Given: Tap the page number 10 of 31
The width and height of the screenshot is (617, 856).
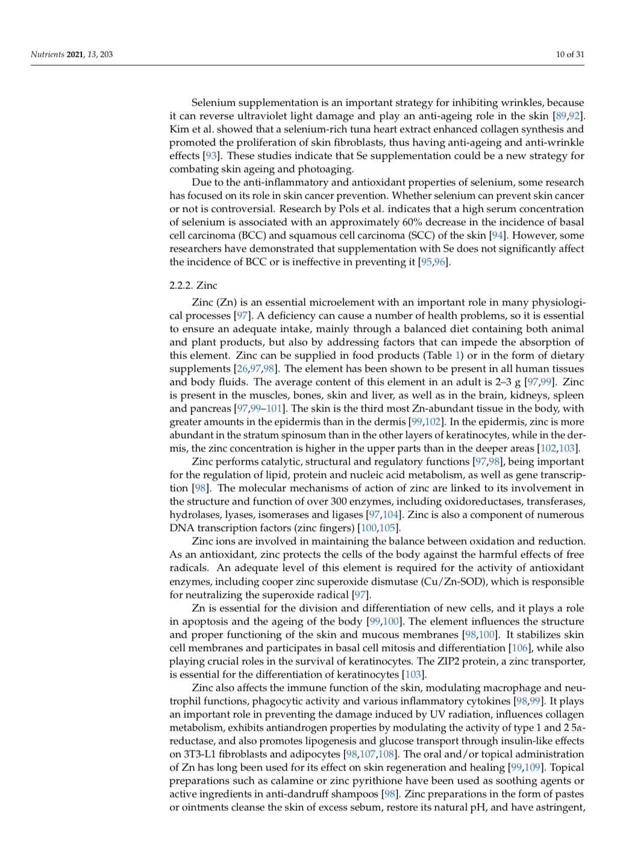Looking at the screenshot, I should click(570, 55).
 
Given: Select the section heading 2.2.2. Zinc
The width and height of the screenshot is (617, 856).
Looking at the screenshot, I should click(193, 285).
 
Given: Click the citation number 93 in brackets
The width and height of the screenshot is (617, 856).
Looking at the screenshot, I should click(211, 156).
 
